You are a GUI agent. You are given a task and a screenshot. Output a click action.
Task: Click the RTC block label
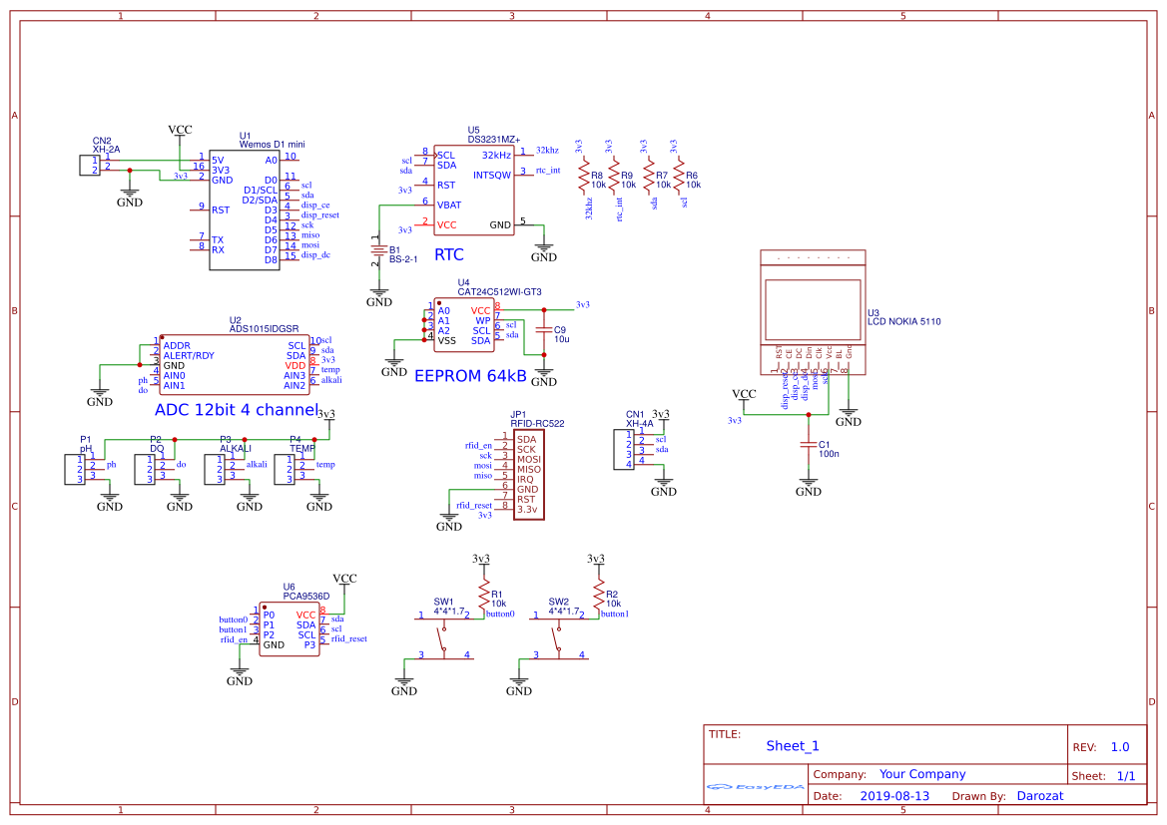[449, 255]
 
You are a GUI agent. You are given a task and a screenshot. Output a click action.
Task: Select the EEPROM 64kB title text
[470, 375]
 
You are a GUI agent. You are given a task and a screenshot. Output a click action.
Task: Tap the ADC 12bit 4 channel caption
[236, 410]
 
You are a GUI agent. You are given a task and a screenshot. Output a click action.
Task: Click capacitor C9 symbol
[543, 329]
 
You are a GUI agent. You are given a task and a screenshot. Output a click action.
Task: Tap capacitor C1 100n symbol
[809, 445]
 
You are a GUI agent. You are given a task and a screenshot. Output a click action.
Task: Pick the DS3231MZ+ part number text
[494, 140]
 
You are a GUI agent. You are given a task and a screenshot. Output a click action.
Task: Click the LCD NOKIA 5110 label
[903, 322]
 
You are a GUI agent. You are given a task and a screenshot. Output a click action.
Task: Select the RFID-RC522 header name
[537, 424]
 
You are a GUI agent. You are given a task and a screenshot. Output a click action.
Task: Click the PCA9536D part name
[305, 596]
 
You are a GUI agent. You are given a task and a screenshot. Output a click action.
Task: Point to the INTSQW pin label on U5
[492, 176]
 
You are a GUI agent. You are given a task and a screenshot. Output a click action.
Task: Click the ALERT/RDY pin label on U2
[189, 355]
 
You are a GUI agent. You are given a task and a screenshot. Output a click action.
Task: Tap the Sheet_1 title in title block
[793, 745]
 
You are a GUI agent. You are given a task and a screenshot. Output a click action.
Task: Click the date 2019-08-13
[893, 796]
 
